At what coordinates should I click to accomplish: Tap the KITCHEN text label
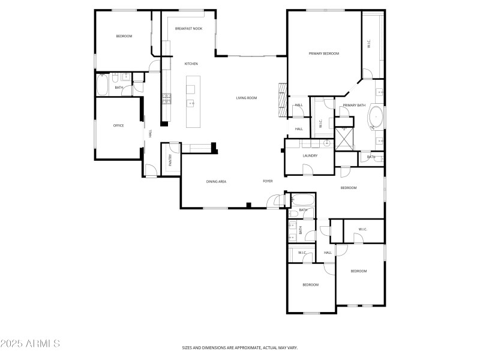(x=191, y=64)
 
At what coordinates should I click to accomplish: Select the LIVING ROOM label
(x=246, y=98)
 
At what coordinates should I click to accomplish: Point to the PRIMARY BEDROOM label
(x=324, y=53)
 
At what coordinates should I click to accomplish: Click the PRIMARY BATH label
(x=354, y=106)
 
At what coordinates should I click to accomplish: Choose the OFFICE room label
(x=119, y=125)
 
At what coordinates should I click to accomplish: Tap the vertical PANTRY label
(x=170, y=160)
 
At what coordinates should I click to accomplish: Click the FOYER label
(x=268, y=181)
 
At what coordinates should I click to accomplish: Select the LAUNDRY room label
(x=310, y=155)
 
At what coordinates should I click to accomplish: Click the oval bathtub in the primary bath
(x=376, y=117)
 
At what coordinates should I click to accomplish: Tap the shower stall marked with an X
(x=345, y=137)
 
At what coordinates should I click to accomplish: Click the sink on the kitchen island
(x=191, y=104)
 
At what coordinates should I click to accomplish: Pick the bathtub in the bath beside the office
(x=101, y=85)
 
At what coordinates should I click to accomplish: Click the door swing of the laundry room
(x=307, y=170)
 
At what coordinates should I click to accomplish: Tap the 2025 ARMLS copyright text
(x=30, y=344)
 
